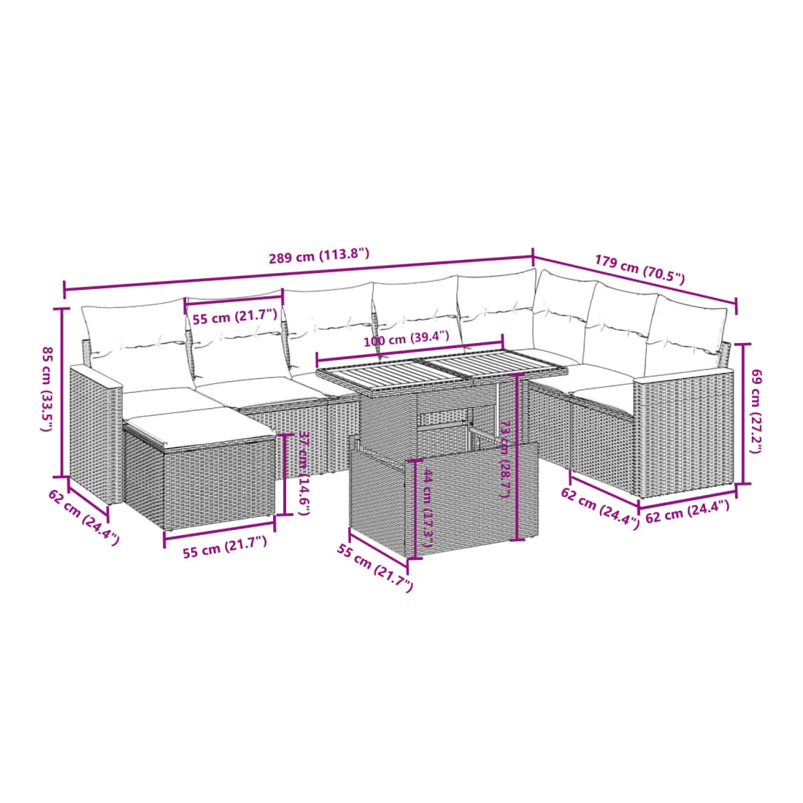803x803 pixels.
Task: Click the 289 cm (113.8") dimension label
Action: pyautogui.click(x=319, y=255)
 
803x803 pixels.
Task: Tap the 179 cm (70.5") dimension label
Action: pyautogui.click(x=639, y=269)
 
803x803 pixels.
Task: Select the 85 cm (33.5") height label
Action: pyautogui.click(x=47, y=388)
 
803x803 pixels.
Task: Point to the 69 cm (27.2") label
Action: pyautogui.click(x=756, y=411)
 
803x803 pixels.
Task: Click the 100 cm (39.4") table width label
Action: pyautogui.click(x=406, y=339)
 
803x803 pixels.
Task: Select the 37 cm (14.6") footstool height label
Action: pyautogui.click(x=304, y=473)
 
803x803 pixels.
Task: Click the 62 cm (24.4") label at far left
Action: pyautogui.click(x=84, y=517)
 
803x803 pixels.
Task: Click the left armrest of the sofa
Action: pyautogui.click(x=96, y=433)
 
